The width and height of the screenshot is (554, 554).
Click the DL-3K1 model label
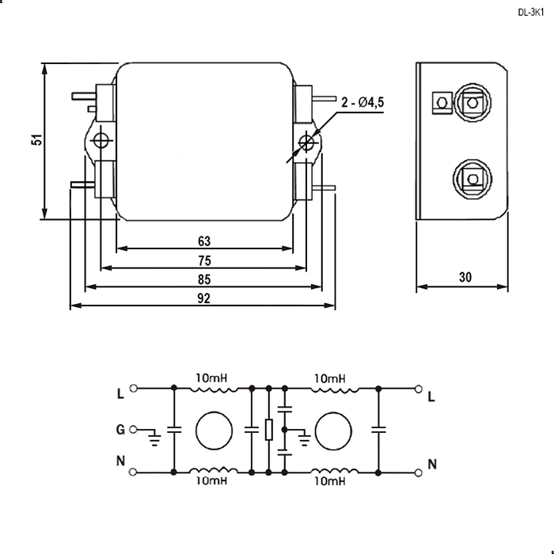pos(531,13)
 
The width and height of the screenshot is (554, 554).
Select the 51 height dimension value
pos(36,140)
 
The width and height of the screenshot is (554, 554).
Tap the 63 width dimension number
pos(204,241)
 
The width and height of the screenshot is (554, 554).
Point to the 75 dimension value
pos(204,260)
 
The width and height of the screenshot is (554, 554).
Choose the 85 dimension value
pos(204,279)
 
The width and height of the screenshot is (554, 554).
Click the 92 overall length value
pos(204,298)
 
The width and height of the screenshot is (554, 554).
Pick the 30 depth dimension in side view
pos(465,277)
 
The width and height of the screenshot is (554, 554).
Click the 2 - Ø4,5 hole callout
pos(362,102)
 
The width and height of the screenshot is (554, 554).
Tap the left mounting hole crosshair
pos(101,141)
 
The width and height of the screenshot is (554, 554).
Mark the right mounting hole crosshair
pos(306,142)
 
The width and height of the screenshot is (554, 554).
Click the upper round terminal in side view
pos(472,103)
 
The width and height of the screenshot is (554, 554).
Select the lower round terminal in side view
pos(472,179)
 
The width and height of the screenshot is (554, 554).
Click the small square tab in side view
pos(442,103)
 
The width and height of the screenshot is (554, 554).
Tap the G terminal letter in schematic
pos(120,430)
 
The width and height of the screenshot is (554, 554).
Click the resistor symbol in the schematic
pos(269,430)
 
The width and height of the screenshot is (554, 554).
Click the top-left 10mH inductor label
pos(211,378)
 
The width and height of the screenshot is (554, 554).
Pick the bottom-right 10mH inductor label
pos(330,481)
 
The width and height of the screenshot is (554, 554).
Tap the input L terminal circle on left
pos(133,389)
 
